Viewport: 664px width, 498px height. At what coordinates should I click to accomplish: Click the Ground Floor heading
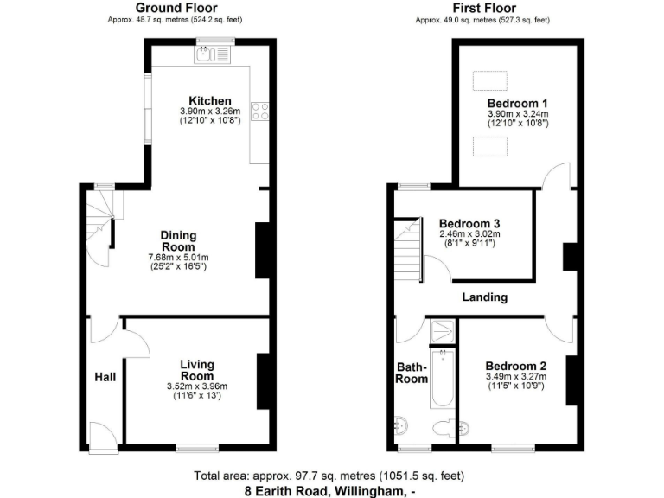point(182,8)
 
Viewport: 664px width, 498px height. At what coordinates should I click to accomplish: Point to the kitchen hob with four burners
point(259,111)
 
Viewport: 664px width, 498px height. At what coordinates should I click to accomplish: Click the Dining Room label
point(180,241)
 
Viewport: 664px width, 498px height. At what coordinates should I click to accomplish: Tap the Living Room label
point(197,370)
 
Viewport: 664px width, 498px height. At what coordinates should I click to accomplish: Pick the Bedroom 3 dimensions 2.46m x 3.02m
point(469,233)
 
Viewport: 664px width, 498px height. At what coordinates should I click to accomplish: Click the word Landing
point(484,297)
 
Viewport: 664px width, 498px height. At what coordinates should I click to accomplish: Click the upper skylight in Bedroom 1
point(490,80)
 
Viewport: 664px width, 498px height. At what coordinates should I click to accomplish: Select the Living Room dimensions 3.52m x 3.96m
point(197,386)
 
